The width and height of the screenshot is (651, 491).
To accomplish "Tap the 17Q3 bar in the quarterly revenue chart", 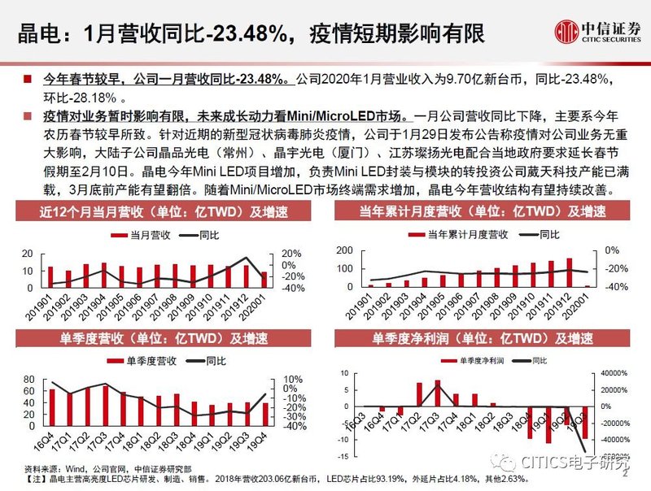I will [106, 400].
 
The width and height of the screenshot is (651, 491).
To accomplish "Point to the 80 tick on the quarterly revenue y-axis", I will [28, 380].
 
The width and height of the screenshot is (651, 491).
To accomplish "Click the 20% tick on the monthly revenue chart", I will [291, 253].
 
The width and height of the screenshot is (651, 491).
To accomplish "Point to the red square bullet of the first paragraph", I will [28, 80].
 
